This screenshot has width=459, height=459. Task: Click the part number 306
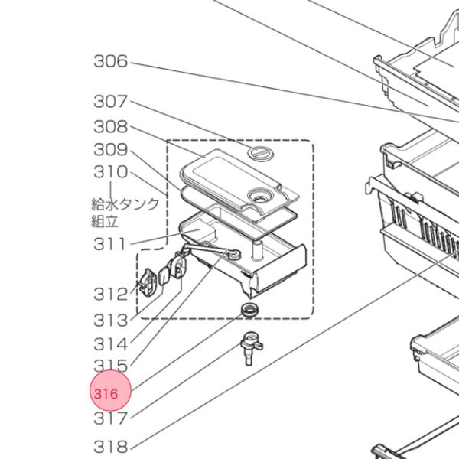pyautogui.click(x=110, y=62)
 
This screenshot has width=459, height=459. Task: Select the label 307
pyautogui.click(x=110, y=101)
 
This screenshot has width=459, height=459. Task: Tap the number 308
pyautogui.click(x=110, y=126)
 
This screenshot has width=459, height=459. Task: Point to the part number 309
pyautogui.click(x=110, y=149)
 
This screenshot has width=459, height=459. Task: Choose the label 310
pyautogui.click(x=110, y=172)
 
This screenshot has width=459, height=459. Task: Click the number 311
pyautogui.click(x=110, y=244)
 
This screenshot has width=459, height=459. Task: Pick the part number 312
pyautogui.click(x=110, y=294)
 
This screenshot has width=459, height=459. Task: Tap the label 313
pyautogui.click(x=110, y=320)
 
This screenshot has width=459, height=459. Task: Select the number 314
pyautogui.click(x=110, y=344)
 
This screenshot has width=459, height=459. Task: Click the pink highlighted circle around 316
pyautogui.click(x=111, y=393)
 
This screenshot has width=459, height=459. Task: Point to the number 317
pyautogui.click(x=110, y=418)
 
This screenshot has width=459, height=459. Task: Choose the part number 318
pyautogui.click(x=110, y=446)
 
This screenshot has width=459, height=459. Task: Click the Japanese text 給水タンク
pyautogui.click(x=125, y=203)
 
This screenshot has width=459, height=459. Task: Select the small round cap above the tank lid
pyautogui.click(x=261, y=154)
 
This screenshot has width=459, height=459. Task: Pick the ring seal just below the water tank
pyautogui.click(x=249, y=309)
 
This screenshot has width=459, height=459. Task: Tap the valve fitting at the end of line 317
pyautogui.click(x=250, y=349)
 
